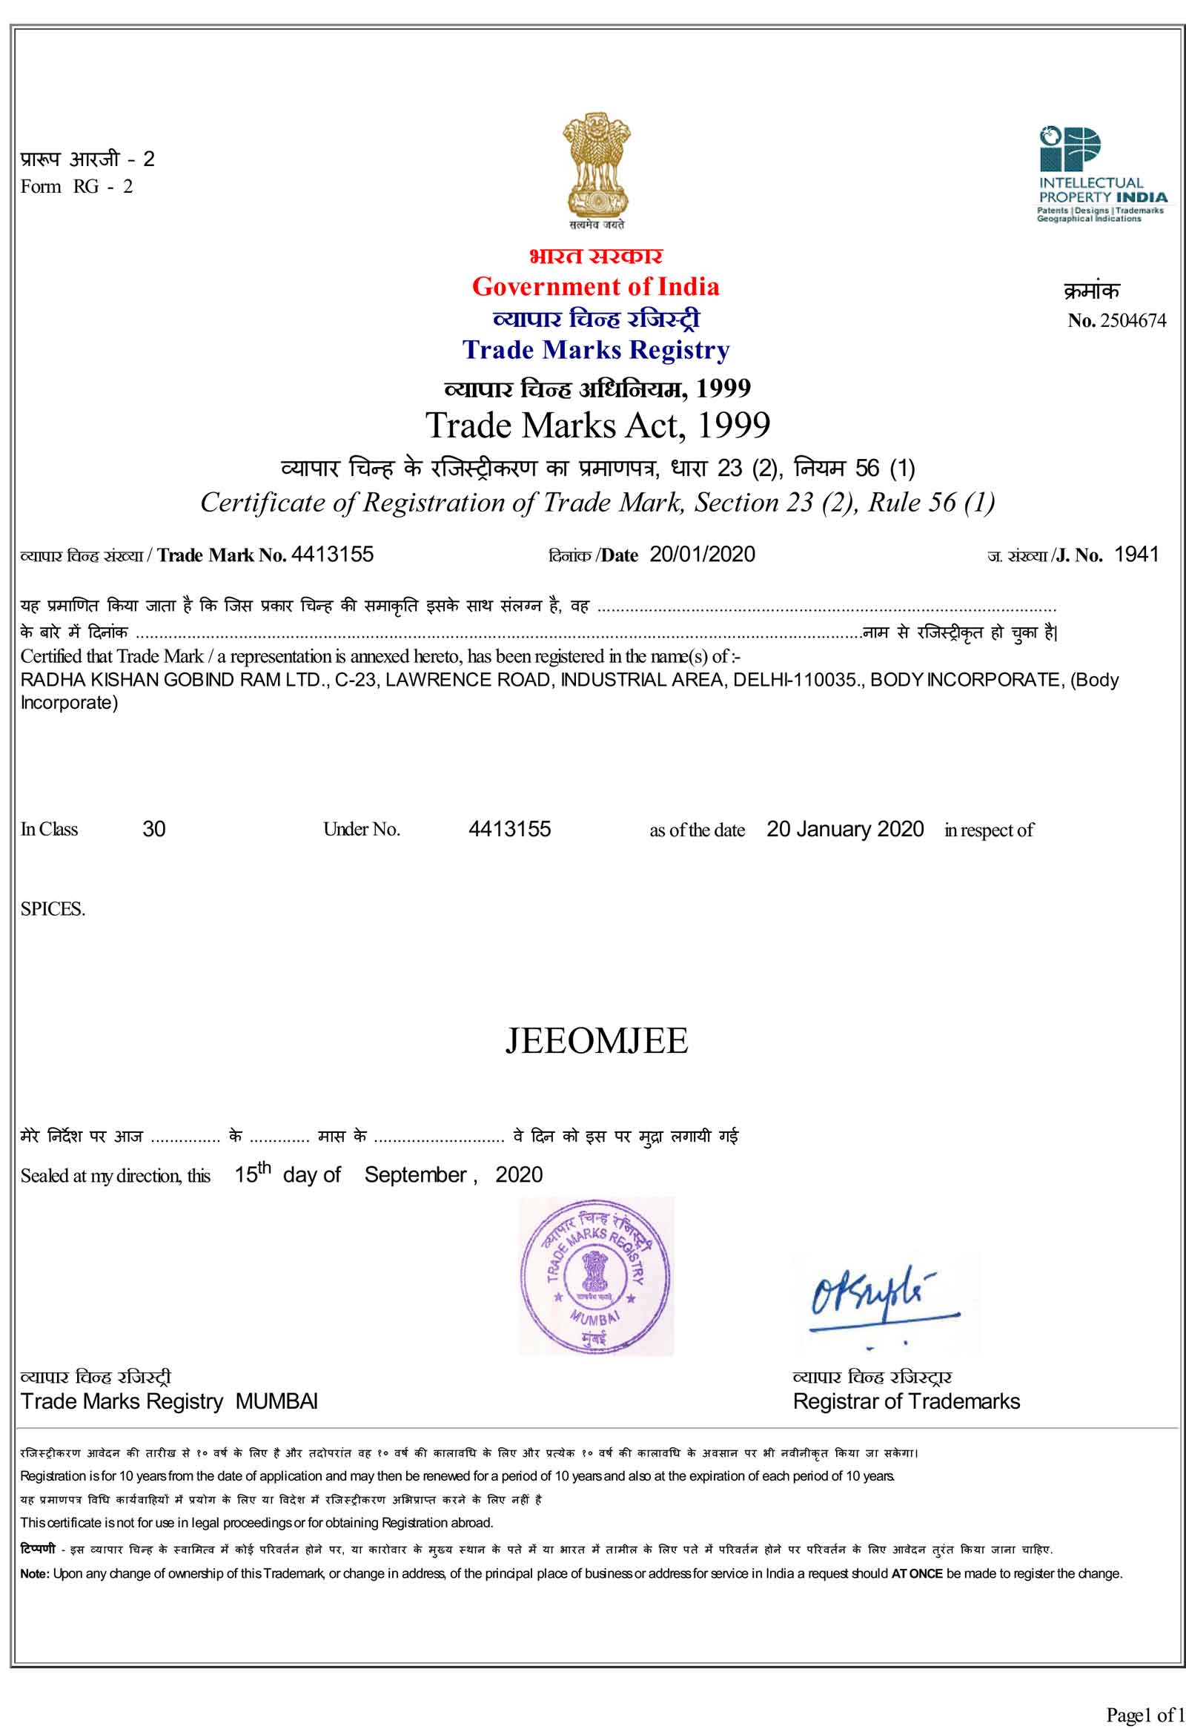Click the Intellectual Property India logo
coord(1103,175)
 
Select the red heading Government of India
coord(595,286)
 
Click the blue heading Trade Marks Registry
coord(596,350)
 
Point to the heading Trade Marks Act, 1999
coord(597,426)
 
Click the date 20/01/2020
coord(702,555)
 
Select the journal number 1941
coord(1136,555)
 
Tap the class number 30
coord(154,829)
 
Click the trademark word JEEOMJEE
coord(597,1040)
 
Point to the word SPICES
coord(53,909)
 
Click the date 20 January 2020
coord(845,829)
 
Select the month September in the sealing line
coord(415,1174)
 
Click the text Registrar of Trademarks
coord(906,1401)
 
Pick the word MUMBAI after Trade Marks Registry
coord(276,1401)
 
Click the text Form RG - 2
coord(76,187)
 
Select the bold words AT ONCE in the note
coord(916,1573)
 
